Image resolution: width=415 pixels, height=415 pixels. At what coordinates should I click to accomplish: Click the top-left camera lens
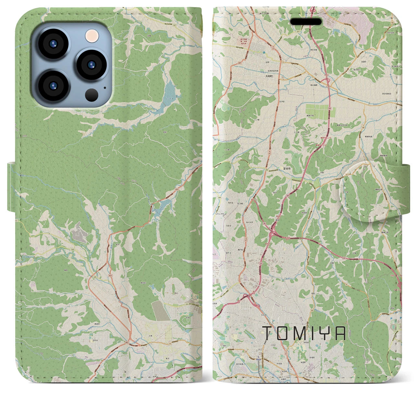tap(53, 44)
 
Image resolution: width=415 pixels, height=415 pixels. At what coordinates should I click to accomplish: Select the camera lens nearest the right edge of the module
tap(92, 65)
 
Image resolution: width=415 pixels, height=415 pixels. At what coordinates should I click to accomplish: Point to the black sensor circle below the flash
tap(92, 95)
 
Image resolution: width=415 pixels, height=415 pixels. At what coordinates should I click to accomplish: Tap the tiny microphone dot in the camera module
tap(105, 87)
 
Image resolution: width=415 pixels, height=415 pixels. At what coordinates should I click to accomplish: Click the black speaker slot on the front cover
tap(306, 22)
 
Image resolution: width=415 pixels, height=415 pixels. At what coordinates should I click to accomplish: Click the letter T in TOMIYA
tap(268, 333)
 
